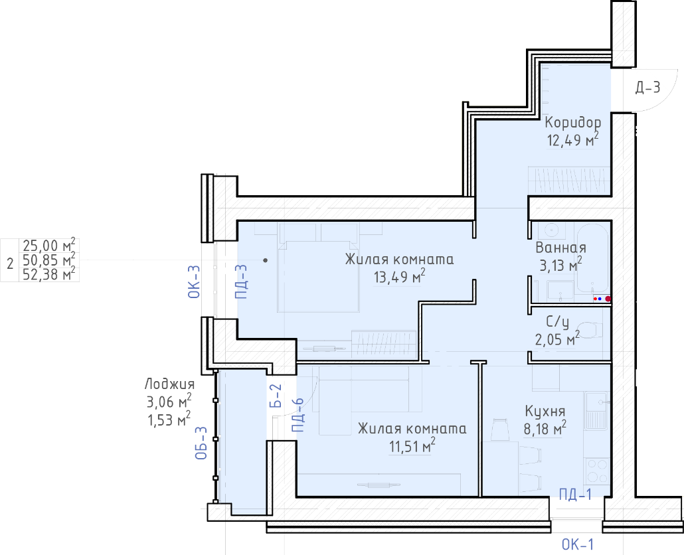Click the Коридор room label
tap(572, 122)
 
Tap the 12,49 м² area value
tap(572, 140)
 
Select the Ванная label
tap(560, 248)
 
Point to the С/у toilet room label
tap(558, 322)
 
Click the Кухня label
tap(545, 411)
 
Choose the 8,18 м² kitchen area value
tap(545, 429)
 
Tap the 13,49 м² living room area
tap(400, 276)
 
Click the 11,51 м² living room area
tap(412, 446)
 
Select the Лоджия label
tap(169, 384)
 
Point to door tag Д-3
tap(647, 88)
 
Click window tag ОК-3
tap(194, 281)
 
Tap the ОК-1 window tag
tap(578, 544)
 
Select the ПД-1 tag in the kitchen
tap(576, 494)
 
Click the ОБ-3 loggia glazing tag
tap(201, 443)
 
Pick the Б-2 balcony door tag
tap(276, 396)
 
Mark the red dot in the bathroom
tap(608, 299)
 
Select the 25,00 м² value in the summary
tap(49, 246)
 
